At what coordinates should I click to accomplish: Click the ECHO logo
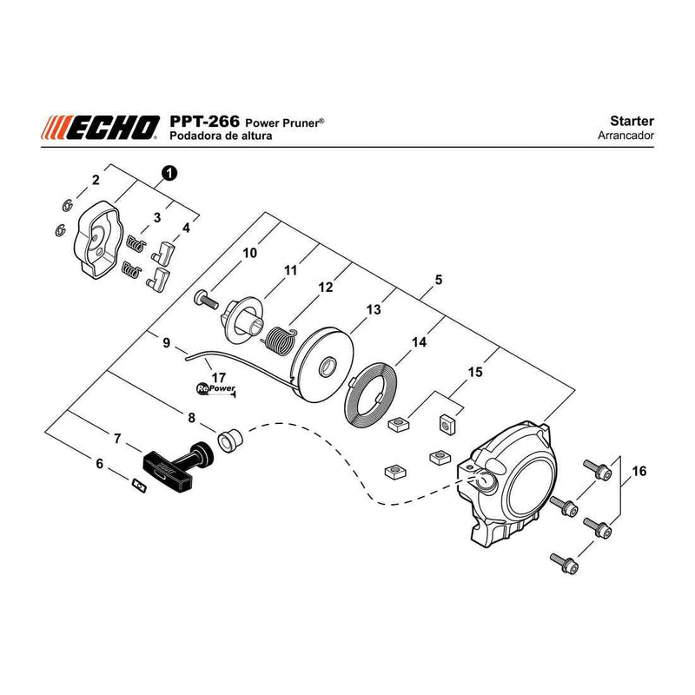click(100, 128)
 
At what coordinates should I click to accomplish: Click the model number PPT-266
click(204, 121)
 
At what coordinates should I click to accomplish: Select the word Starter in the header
click(632, 121)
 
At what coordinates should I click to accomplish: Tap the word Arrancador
click(625, 136)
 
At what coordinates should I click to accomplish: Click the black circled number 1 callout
click(169, 173)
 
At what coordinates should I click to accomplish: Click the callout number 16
click(639, 470)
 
